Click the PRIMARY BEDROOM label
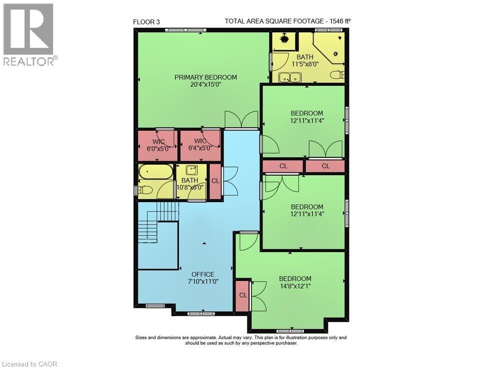[205, 77]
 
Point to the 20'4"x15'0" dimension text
[205, 85]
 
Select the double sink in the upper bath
[289, 77]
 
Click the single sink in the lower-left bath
[192, 170]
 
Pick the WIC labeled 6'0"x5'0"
[156, 145]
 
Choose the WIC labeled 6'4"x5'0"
[200, 145]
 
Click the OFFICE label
[203, 274]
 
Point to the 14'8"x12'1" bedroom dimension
[295, 287]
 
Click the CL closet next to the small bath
[215, 181]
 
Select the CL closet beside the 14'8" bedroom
[242, 295]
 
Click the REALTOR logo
[30, 35]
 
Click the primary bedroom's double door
[241, 120]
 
